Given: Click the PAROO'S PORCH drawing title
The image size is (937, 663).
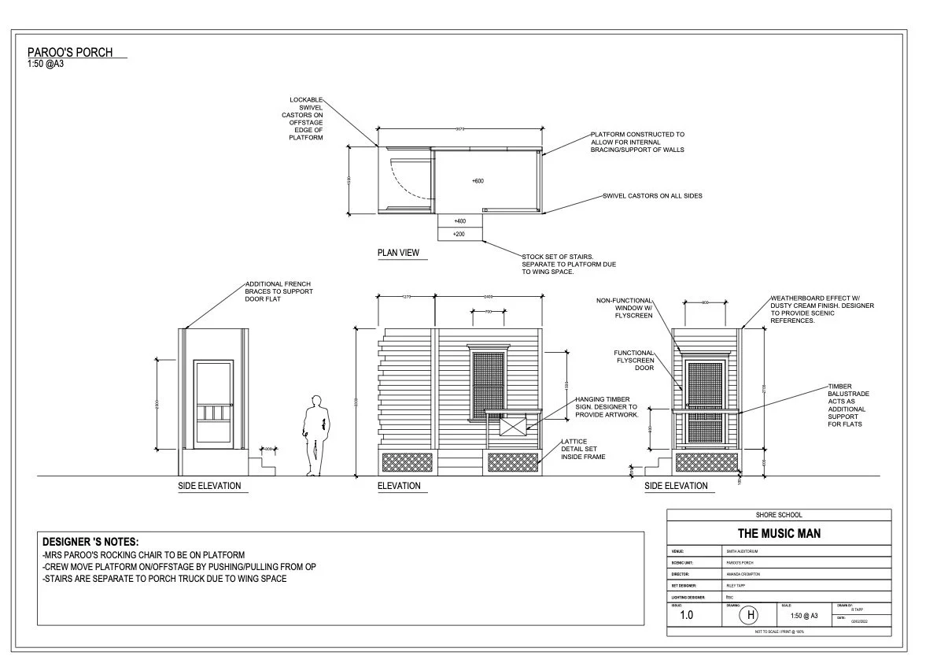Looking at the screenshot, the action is (70, 53).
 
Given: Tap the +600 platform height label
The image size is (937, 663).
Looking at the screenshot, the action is (478, 181).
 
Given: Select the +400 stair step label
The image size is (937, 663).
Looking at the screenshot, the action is (460, 221).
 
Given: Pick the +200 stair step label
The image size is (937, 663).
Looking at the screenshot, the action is (460, 235).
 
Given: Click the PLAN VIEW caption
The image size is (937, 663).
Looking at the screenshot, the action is (398, 254).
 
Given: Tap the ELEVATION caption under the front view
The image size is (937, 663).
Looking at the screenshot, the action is (399, 486).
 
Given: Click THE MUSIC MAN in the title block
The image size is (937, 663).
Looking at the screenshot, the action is (779, 534).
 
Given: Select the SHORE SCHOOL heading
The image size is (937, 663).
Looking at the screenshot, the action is (779, 515).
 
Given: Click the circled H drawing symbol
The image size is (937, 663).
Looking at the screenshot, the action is (750, 615).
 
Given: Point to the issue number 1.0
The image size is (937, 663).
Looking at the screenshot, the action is (687, 615).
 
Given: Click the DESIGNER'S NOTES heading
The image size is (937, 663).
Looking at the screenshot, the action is (90, 542).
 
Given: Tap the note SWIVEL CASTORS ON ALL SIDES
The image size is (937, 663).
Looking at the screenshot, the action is (652, 196).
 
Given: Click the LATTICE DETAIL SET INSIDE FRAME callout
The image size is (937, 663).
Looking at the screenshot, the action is (583, 449).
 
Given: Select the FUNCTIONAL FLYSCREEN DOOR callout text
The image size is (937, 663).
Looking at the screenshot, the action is (634, 361).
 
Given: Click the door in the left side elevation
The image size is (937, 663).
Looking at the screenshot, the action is (214, 402).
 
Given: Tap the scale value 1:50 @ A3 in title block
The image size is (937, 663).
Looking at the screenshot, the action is (803, 615).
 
